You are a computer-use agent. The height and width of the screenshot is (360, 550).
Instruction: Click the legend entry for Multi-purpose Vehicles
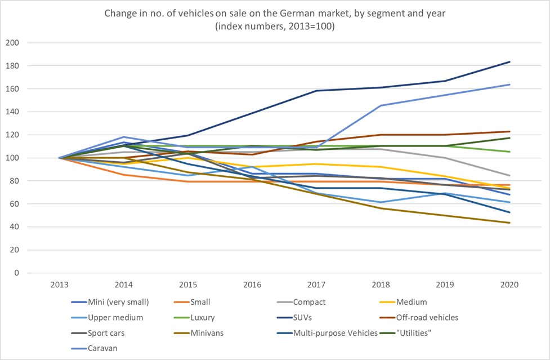336,333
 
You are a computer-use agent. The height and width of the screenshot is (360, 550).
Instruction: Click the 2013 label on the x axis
60,284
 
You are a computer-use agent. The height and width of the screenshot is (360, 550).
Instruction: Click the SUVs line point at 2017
316,91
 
